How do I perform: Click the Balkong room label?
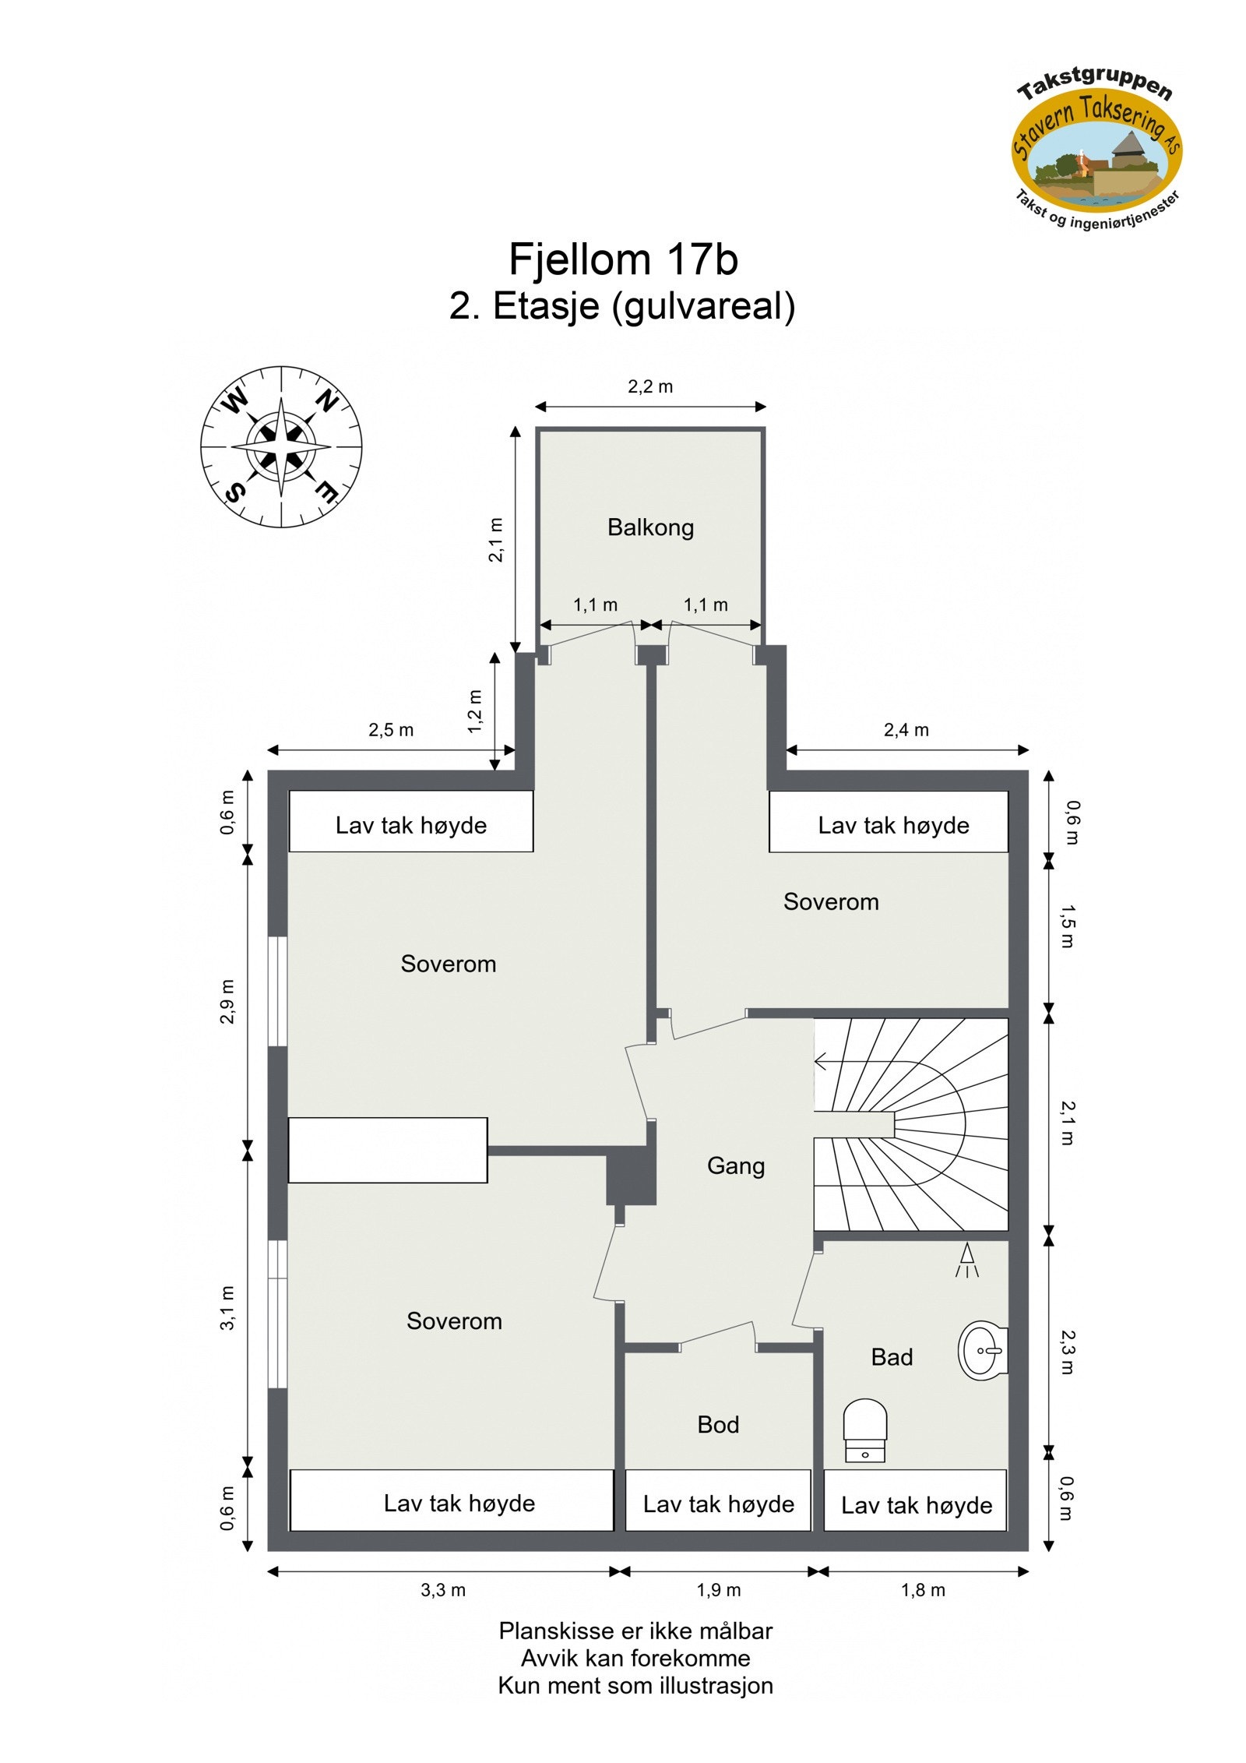(x=650, y=527)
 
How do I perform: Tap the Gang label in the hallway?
(x=735, y=1165)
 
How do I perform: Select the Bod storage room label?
(x=717, y=1424)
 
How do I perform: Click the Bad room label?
(x=891, y=1357)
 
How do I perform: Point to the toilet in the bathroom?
(x=864, y=1430)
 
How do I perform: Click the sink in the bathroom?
(x=983, y=1350)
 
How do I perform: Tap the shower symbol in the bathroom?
(x=966, y=1260)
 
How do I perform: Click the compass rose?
(x=281, y=447)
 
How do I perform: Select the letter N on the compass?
(x=326, y=401)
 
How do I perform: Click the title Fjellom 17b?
(x=622, y=259)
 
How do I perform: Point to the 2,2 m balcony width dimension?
(x=650, y=386)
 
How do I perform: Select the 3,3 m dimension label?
(x=443, y=1590)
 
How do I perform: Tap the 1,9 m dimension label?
(x=718, y=1590)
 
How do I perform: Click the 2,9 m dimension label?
(x=227, y=1001)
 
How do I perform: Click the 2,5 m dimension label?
(x=391, y=730)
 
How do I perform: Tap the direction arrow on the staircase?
(x=822, y=1061)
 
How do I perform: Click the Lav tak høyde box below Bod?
(x=718, y=1504)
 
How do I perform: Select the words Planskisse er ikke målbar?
(x=635, y=1631)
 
